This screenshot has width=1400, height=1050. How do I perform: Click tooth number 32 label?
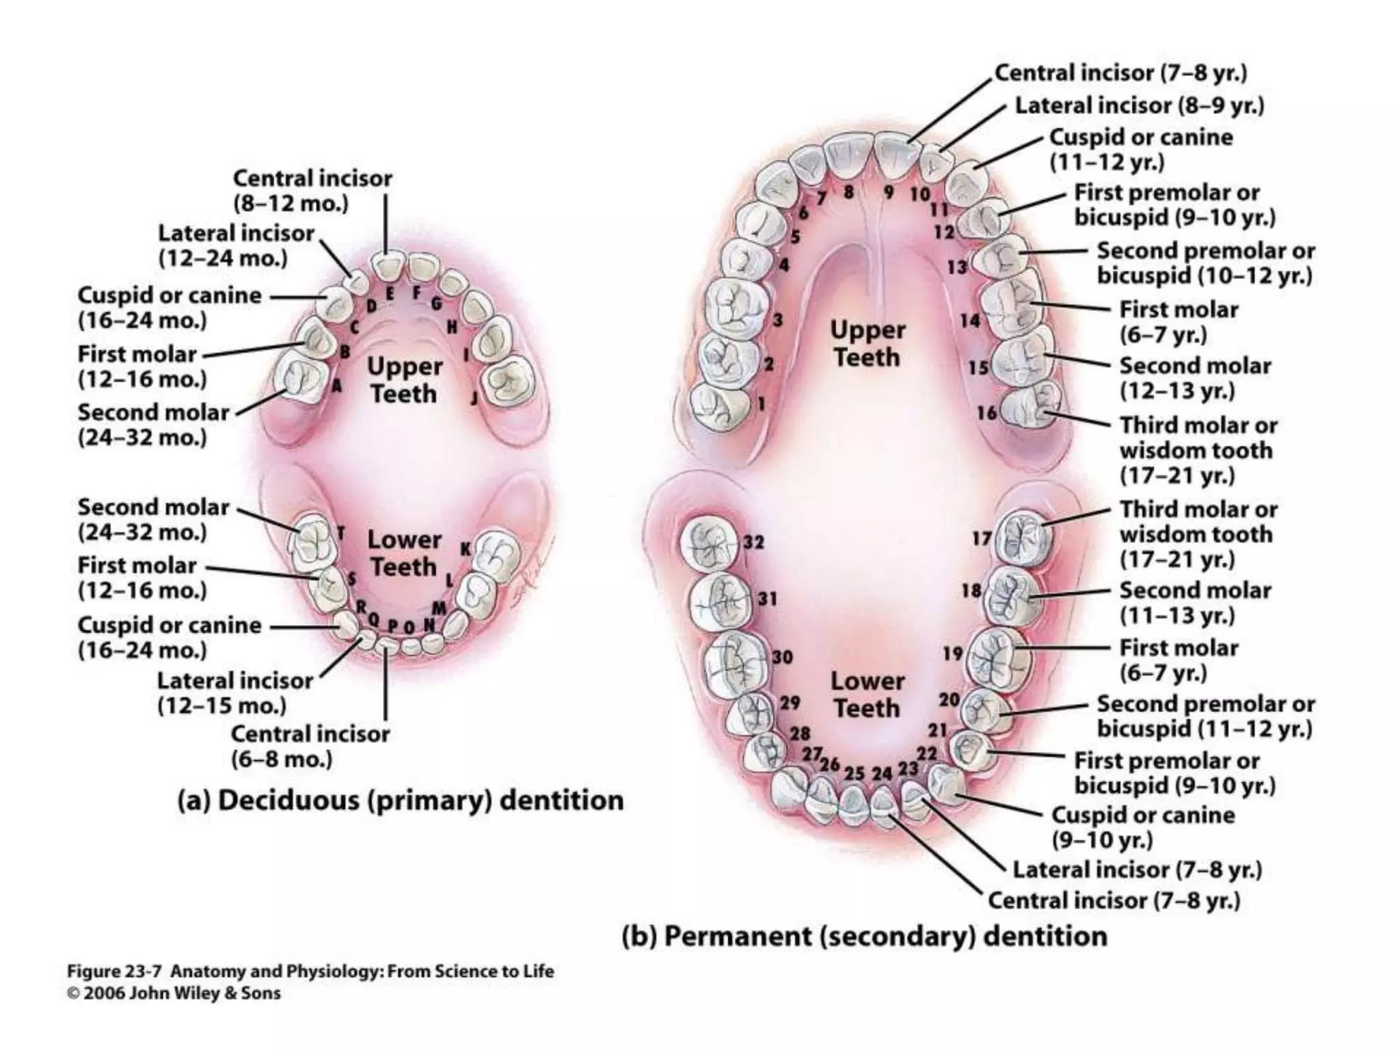[753, 542]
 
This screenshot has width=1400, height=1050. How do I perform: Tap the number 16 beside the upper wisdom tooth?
[986, 412]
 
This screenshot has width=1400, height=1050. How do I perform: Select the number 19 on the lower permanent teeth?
[952, 654]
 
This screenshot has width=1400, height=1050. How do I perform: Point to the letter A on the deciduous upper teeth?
[336, 386]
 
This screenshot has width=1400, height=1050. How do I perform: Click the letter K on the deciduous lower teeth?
[466, 549]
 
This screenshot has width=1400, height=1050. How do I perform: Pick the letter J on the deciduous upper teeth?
[474, 399]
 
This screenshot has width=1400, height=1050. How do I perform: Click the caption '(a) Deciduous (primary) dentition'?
[401, 800]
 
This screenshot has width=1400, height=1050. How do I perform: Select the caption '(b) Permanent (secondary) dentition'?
[864, 936]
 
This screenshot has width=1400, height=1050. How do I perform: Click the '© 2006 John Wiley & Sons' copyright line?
[174, 993]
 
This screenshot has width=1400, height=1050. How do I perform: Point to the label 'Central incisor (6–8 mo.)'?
[310, 746]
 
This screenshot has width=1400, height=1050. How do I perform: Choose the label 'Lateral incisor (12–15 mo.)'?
[234, 692]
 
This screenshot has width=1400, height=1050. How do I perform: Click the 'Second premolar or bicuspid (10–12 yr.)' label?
[1205, 263]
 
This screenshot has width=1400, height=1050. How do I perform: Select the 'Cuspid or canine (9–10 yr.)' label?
[1142, 826]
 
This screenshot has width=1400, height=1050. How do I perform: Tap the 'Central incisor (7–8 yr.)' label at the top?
[1120, 73]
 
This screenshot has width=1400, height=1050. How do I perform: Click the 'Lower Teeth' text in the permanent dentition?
[867, 695]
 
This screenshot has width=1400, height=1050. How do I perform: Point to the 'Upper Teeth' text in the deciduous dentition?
[404, 380]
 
